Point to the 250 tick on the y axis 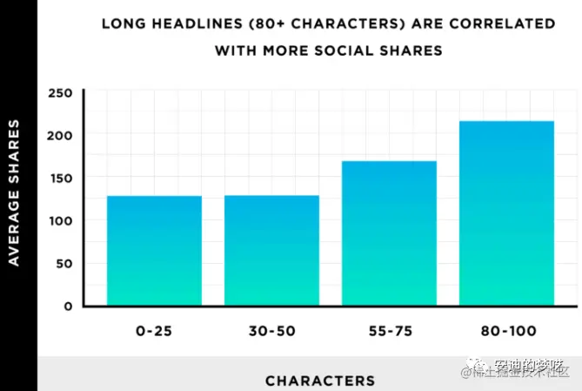pos(59,93)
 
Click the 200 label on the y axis pos(59,136)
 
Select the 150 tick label pos(59,179)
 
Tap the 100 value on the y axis pos(59,221)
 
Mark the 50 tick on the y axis pos(64,264)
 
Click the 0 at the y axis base pos(67,307)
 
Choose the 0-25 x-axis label pos(154,332)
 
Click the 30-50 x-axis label pos(271,332)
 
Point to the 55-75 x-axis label pos(389,332)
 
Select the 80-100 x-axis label pos(506,332)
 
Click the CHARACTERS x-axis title pos(320,381)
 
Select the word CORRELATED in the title pos(511,23)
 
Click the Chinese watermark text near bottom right pos(522,368)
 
